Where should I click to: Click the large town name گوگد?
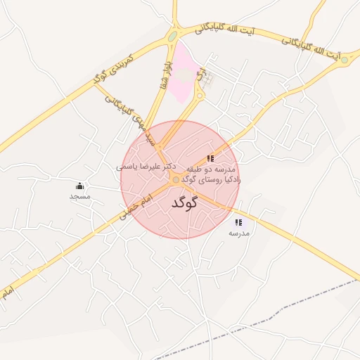coord(185,202)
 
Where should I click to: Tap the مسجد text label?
coord(79,196)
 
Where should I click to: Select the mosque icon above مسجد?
coord(79,186)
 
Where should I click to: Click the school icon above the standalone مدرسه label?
coord(238,222)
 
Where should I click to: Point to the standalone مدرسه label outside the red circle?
coord(239,232)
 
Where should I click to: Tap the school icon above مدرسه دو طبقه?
coord(210,158)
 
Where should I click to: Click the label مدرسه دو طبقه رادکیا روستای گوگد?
coord(211,175)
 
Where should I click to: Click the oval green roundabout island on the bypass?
coord(172,36)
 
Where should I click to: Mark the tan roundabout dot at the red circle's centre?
coord(176,180)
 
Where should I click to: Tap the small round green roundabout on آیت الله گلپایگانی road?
coord(344,60)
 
